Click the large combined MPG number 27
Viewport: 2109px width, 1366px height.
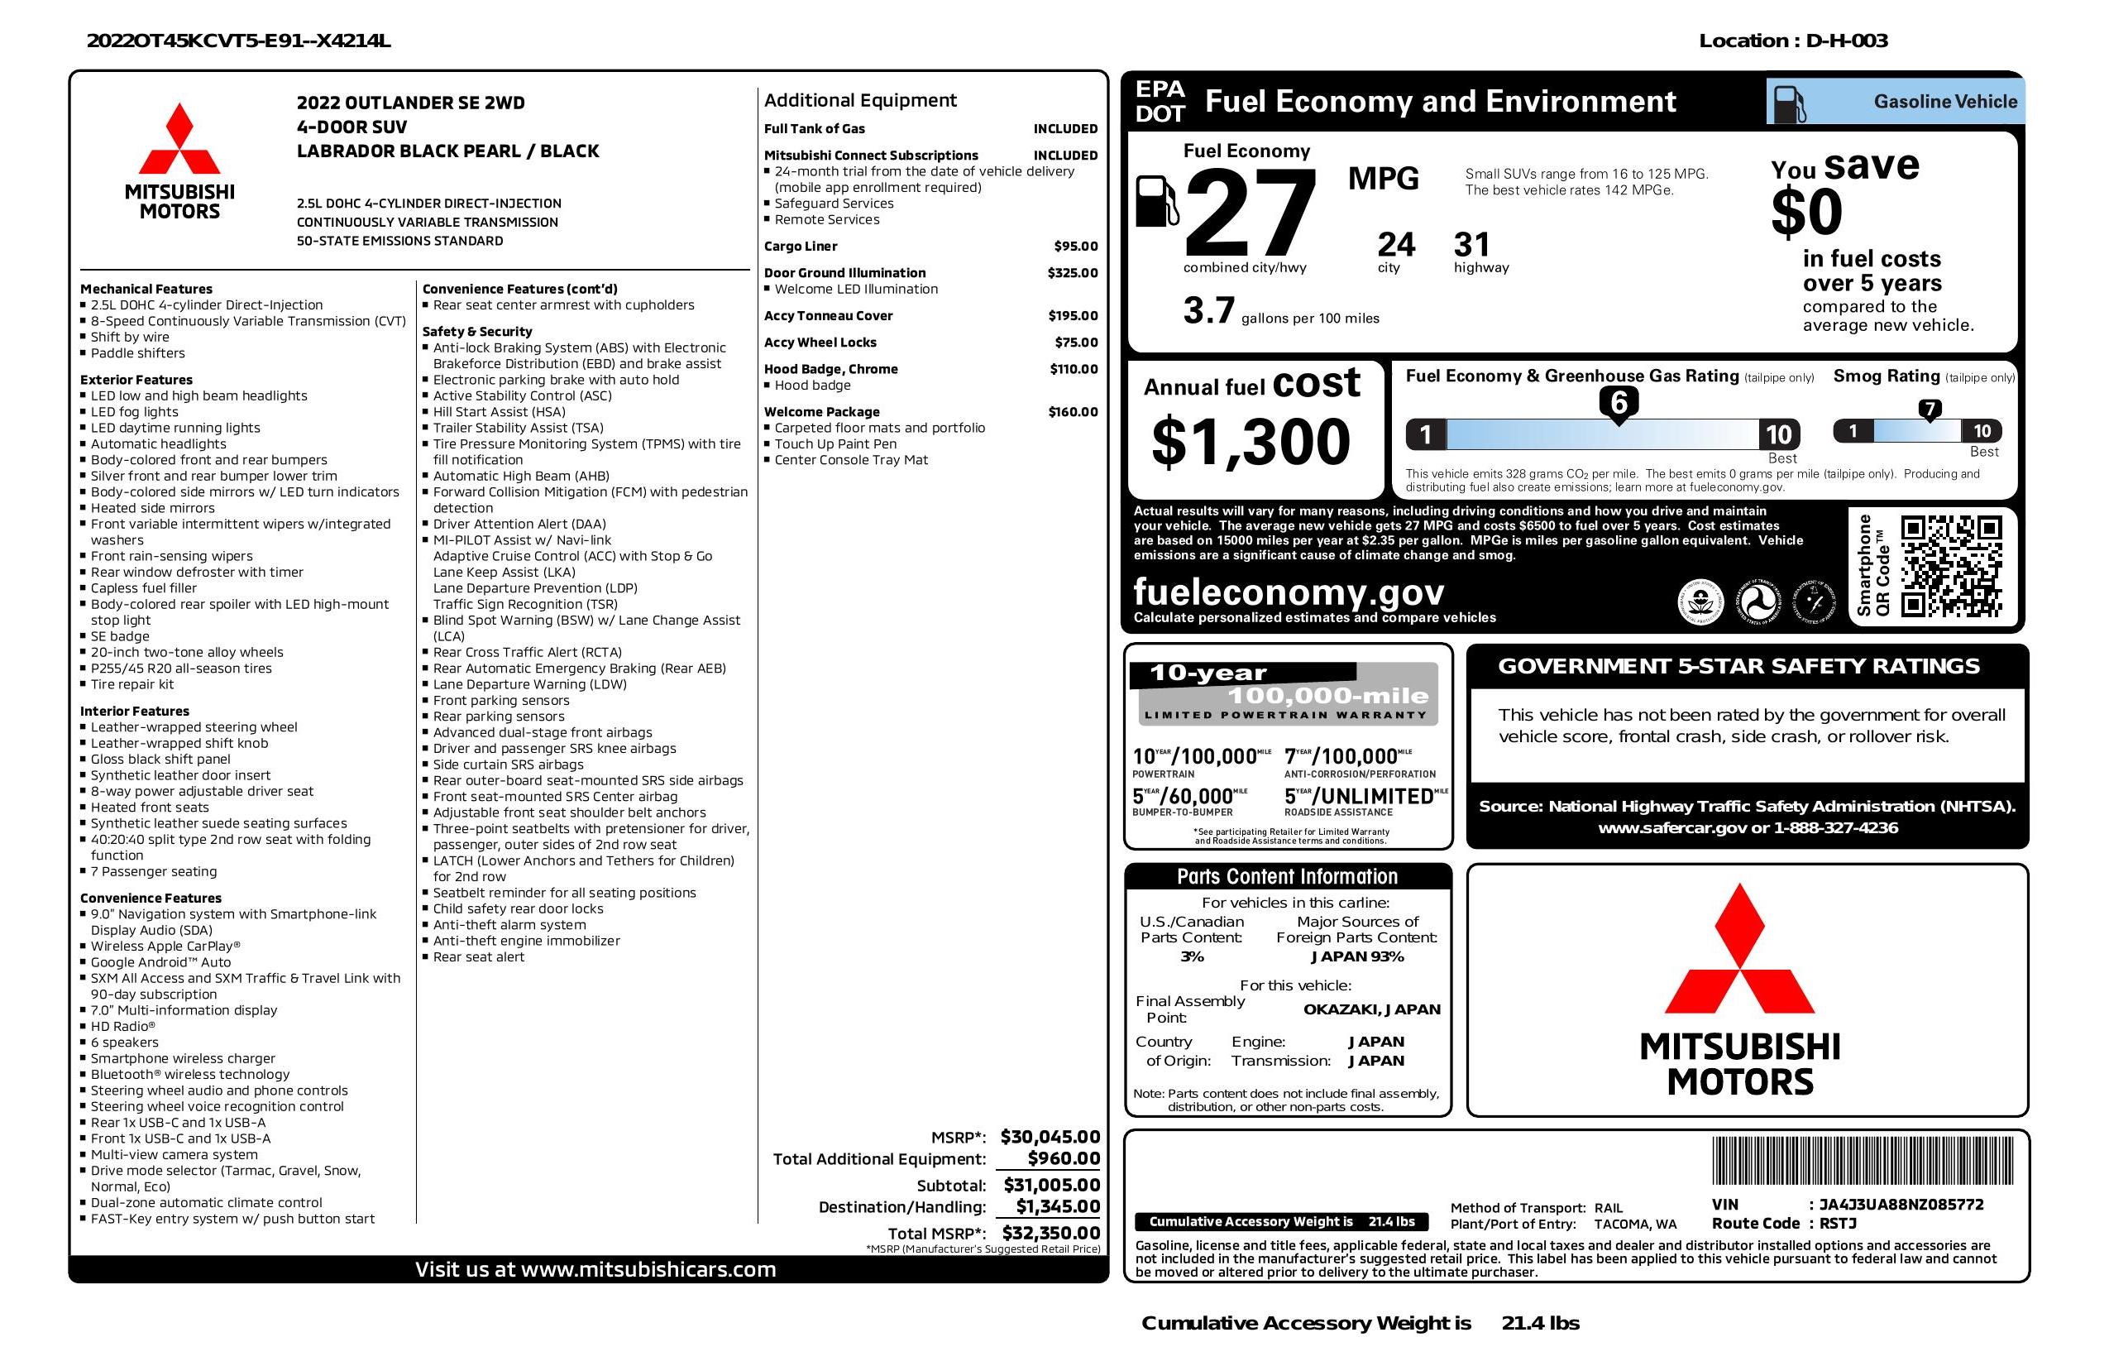tap(1250, 214)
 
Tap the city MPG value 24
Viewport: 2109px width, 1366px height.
tap(1396, 244)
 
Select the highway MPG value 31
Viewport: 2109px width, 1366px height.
tap(1472, 244)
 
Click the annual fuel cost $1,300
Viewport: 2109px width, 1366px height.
tap(1251, 443)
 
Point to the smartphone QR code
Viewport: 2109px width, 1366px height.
tap(1951, 567)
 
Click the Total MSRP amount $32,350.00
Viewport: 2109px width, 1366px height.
tap(1051, 1232)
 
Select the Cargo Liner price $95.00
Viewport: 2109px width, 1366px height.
tap(1075, 247)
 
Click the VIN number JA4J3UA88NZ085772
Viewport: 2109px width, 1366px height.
tap(1901, 1205)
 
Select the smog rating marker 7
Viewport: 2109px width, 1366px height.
tap(1929, 409)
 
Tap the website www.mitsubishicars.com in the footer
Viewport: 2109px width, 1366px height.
tap(648, 1269)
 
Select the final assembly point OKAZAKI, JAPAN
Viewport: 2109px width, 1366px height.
tap(1371, 1009)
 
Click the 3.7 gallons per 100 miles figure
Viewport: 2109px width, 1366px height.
tap(1208, 311)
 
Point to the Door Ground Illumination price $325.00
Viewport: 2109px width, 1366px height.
tap(1072, 273)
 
